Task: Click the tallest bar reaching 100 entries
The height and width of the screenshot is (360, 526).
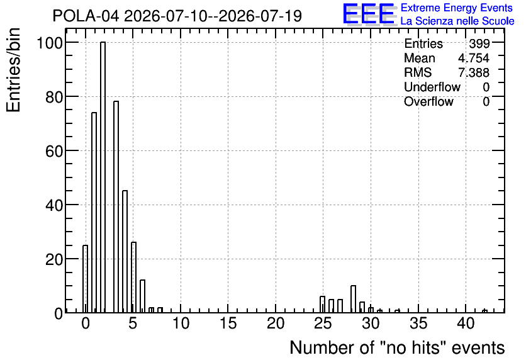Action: tap(103, 177)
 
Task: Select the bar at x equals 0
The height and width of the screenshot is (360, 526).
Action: tap(85, 279)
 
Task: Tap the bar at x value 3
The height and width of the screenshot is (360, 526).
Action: tap(116, 206)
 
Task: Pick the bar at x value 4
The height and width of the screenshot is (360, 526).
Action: tap(125, 252)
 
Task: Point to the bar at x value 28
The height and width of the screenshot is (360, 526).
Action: tap(353, 299)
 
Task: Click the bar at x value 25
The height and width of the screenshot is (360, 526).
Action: tap(322, 305)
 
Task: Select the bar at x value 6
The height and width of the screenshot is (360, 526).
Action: tap(143, 296)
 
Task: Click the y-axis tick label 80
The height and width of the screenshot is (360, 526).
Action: tap(54, 97)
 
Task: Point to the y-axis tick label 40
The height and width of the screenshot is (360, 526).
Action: tap(54, 205)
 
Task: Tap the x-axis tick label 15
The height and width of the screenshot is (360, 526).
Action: tap(228, 323)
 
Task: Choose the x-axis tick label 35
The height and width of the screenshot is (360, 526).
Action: tap(418, 323)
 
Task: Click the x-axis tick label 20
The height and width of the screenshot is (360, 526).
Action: tap(276, 323)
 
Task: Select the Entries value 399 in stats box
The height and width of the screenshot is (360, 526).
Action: tap(479, 43)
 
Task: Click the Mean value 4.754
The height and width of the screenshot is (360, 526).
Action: tap(474, 58)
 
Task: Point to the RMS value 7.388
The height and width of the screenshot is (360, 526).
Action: tap(474, 72)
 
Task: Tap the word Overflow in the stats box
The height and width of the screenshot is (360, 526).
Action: tap(428, 101)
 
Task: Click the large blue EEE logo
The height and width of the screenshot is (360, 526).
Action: tap(369, 14)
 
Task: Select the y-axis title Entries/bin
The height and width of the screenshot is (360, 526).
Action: tap(13, 70)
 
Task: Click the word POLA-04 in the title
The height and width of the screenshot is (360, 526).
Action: tap(86, 16)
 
